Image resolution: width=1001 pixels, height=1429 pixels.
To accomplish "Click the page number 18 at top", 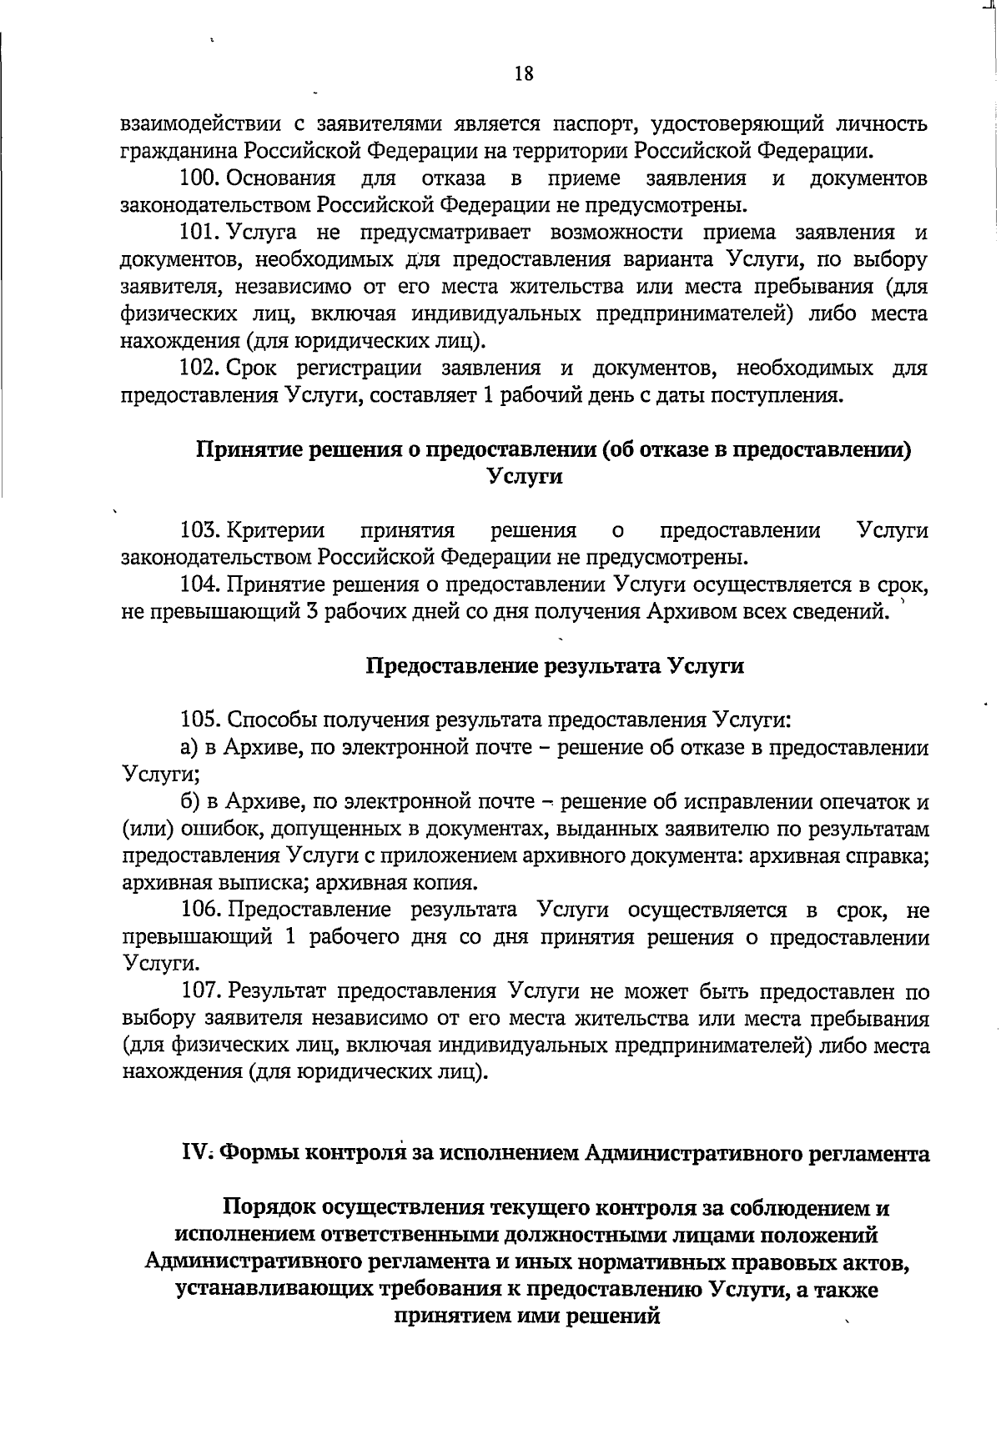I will pyautogui.click(x=524, y=74).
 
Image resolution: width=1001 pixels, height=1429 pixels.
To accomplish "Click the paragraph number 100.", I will pyautogui.click(x=199, y=178).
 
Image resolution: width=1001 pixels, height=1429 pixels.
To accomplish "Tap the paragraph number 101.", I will pyautogui.click(x=199, y=233).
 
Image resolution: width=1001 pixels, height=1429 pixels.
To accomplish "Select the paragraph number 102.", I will pyautogui.click(x=199, y=369).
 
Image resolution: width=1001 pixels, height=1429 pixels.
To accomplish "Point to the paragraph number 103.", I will pyautogui.click(x=199, y=531).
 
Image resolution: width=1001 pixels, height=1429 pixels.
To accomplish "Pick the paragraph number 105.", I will pyautogui.click(x=199, y=721).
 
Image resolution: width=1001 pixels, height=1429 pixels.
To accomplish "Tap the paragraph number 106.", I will pyautogui.click(x=199, y=910).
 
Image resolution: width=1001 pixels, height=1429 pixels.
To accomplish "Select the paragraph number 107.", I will pyautogui.click(x=199, y=992).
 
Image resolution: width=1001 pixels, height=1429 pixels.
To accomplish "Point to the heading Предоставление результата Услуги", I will pyautogui.click(x=555, y=667).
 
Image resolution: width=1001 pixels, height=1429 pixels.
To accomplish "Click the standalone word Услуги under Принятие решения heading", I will pyautogui.click(x=524, y=477).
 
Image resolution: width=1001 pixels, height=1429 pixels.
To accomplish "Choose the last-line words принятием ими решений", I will pyautogui.click(x=526, y=1317).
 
